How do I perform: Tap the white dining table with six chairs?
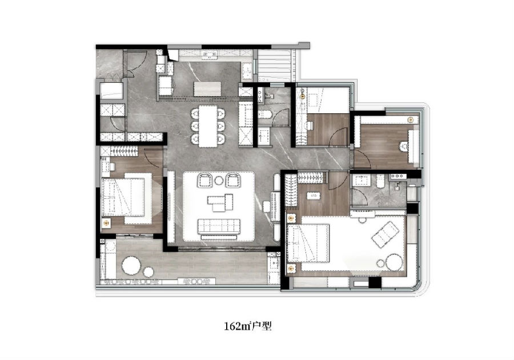click(x=208, y=126)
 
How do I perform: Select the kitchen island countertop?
click(x=207, y=89)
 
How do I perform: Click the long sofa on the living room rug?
click(x=219, y=226)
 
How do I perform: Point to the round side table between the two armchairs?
click(x=219, y=181)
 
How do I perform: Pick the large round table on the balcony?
click(x=131, y=265)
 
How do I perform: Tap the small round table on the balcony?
click(x=148, y=272)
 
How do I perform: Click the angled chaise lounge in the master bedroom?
click(x=385, y=234)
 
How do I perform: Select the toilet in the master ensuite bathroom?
click(x=380, y=181)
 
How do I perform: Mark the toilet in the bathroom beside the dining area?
click(x=264, y=114)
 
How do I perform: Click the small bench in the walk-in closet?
click(x=313, y=196)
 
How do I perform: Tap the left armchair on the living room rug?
click(x=204, y=181)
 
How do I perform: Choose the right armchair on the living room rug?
click(x=233, y=181)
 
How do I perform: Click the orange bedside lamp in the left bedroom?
click(x=106, y=223)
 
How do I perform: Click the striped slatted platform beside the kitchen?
click(x=274, y=66)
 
